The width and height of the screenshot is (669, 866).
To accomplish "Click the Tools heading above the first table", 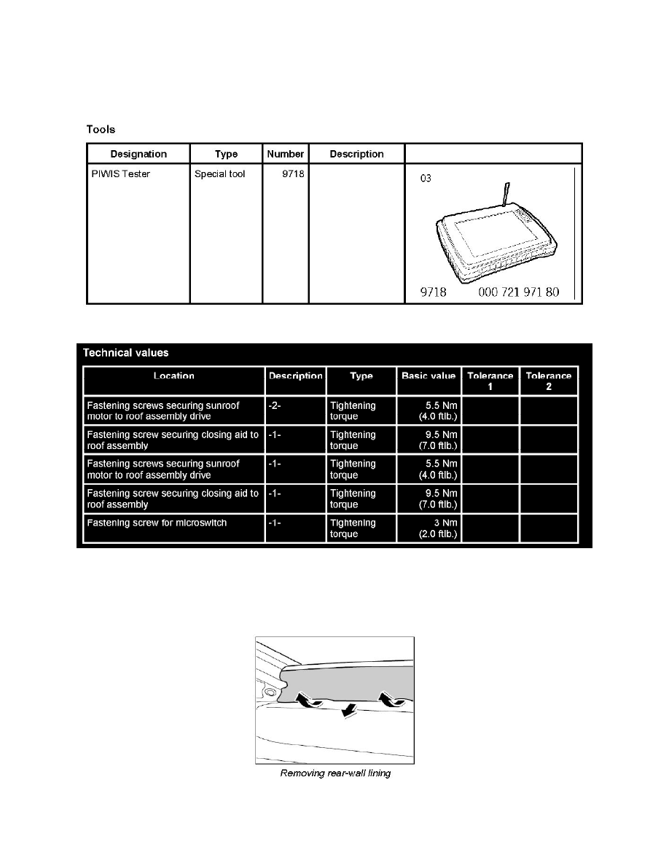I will point(101,130).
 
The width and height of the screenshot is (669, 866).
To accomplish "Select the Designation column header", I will point(138,154).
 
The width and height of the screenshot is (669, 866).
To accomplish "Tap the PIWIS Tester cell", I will point(120,174).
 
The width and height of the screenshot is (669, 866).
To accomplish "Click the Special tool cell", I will point(220,174).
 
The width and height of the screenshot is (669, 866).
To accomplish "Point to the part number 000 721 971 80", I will point(519,292).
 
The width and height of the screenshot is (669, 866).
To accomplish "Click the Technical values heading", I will point(125,353).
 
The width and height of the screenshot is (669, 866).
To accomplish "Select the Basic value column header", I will point(429,376).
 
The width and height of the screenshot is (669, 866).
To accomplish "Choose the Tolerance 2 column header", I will point(548,381).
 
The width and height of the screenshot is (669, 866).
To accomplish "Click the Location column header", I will point(173,376).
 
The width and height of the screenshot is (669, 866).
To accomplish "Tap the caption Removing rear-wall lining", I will point(335,773).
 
